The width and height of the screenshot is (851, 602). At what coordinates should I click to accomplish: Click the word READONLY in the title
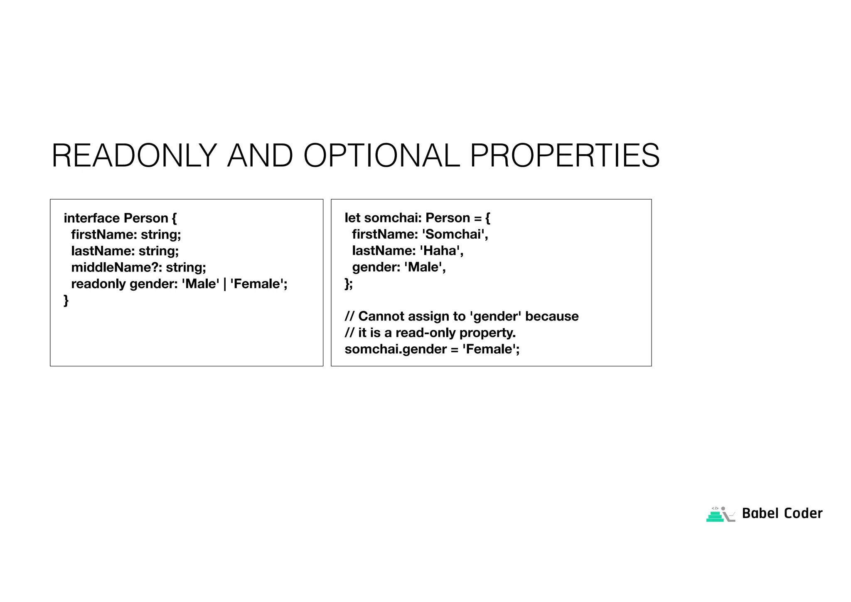click(x=134, y=156)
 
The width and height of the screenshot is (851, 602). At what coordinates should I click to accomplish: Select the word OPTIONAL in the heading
click(x=382, y=156)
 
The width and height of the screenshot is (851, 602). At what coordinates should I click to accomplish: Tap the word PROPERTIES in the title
click(x=565, y=156)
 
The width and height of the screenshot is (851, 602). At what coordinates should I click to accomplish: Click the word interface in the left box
click(x=92, y=218)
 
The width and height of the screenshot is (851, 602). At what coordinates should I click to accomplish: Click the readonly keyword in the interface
click(x=98, y=284)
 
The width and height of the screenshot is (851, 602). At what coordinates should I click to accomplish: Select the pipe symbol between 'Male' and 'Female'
click(x=225, y=284)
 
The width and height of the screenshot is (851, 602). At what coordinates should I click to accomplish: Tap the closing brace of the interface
click(x=66, y=300)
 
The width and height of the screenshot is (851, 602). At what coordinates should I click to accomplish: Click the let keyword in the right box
click(x=352, y=218)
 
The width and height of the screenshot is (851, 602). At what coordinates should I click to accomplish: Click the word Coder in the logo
click(x=803, y=513)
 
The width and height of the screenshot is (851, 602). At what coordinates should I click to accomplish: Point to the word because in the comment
click(x=552, y=316)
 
